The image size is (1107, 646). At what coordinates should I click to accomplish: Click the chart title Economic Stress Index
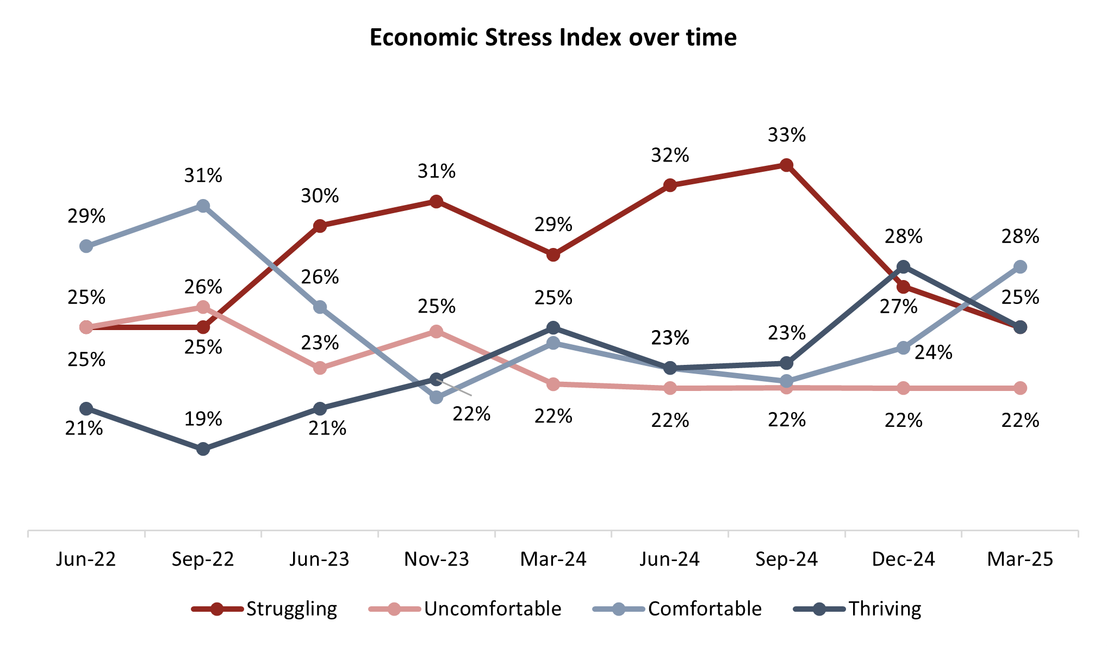(x=553, y=38)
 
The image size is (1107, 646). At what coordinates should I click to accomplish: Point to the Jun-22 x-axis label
(x=86, y=559)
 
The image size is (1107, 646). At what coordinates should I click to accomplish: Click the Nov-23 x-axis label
(x=436, y=559)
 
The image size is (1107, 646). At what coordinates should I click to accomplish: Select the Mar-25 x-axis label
(x=1020, y=559)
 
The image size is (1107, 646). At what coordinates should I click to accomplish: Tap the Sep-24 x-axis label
(x=786, y=559)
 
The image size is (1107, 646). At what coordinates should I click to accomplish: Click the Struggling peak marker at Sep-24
(x=786, y=165)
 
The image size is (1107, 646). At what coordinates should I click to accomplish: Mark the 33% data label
(x=787, y=135)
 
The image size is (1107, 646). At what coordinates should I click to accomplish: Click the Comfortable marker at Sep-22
(x=203, y=206)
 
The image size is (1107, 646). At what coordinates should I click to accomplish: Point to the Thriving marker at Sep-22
(x=203, y=449)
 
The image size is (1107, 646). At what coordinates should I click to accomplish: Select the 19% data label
(x=203, y=419)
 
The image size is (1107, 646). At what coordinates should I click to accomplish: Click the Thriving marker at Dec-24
(x=903, y=266)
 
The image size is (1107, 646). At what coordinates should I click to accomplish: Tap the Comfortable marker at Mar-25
(x=1020, y=266)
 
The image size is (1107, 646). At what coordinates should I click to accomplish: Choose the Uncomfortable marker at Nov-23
(x=436, y=331)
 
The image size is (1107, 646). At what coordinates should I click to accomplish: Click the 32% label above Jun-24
(x=670, y=156)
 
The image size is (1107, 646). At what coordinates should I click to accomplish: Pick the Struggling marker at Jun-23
(x=320, y=226)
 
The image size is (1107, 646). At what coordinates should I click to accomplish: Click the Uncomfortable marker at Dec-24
(x=903, y=388)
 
